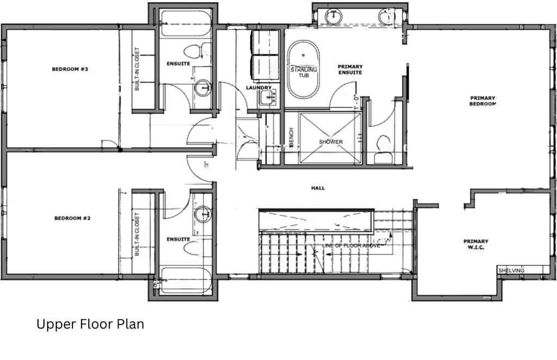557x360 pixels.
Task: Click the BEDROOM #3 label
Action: click(66, 69)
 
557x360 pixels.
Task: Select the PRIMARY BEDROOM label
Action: click(483, 101)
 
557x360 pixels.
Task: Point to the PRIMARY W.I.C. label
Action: click(475, 244)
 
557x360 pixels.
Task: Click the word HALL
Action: click(318, 188)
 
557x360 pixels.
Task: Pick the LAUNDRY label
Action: click(258, 88)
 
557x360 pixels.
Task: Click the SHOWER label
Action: click(331, 142)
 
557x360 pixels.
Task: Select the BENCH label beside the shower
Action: click(292, 137)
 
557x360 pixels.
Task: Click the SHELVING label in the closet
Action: click(511, 270)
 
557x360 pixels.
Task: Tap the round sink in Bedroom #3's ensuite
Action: click(202, 87)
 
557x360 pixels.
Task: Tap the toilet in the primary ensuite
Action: click(383, 145)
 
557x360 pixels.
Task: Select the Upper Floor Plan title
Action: click(90, 325)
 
